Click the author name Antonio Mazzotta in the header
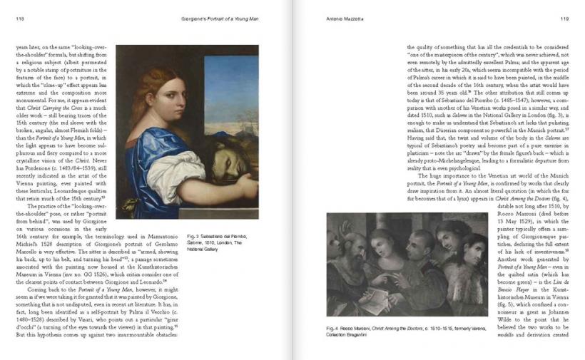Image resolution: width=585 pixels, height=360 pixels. pyautogui.click(x=333, y=19)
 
